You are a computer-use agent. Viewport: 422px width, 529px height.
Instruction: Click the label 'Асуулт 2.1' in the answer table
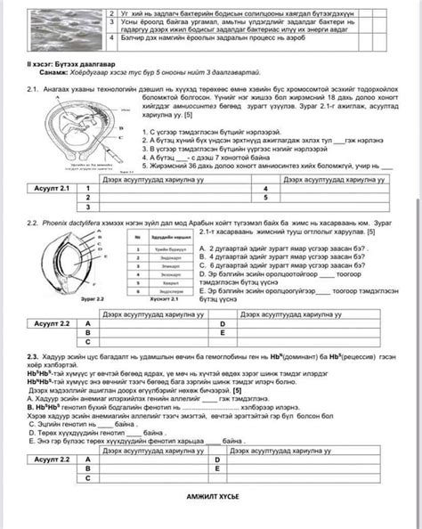[52, 190]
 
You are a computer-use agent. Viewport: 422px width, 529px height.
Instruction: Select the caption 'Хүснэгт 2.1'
[157, 300]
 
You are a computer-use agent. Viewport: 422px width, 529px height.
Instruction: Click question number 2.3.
[33, 354]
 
